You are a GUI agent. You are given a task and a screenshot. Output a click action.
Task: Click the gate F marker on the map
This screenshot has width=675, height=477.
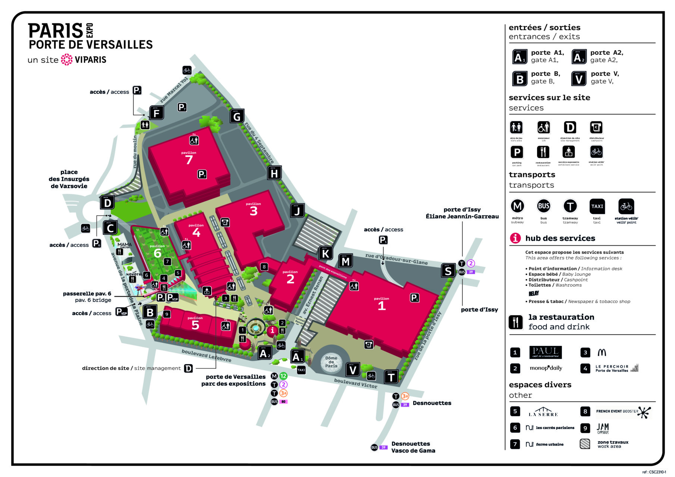(157, 113)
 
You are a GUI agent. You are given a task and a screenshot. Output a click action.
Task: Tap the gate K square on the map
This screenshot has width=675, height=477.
(325, 253)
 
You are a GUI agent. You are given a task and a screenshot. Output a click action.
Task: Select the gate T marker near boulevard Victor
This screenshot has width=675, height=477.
(391, 377)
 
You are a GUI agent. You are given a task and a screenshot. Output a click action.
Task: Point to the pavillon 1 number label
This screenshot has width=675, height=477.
(382, 306)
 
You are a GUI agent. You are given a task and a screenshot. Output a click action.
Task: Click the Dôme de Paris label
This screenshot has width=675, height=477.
(331, 362)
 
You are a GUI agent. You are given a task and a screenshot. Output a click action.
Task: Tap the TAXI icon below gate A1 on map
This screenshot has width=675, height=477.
(301, 370)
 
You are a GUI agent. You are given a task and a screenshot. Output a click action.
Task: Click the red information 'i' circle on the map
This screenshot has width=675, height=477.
(272, 331)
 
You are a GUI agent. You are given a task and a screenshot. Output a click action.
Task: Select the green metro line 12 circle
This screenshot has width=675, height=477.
(283, 376)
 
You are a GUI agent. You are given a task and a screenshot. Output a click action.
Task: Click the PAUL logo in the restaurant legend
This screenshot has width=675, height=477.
(545, 352)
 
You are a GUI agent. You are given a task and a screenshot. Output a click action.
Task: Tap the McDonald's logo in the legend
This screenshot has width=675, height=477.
(602, 352)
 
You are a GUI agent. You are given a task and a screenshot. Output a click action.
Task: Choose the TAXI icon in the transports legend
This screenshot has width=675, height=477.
(597, 206)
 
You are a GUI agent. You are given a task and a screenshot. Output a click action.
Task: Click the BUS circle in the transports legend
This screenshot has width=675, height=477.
(543, 206)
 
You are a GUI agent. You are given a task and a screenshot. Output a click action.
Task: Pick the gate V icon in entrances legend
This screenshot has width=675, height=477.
(578, 79)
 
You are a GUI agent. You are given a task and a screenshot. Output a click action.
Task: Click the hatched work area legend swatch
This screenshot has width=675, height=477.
(585, 444)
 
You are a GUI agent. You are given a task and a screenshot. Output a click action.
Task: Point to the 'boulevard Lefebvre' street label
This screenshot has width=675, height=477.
(206, 356)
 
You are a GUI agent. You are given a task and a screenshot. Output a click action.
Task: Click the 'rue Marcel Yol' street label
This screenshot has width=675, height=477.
(174, 90)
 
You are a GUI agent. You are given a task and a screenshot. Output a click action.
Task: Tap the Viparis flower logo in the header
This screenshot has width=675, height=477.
(67, 60)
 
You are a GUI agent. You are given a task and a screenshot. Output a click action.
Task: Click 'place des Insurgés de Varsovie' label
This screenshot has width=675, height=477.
(69, 179)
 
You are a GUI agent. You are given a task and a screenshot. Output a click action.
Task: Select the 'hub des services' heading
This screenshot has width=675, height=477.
(560, 238)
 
